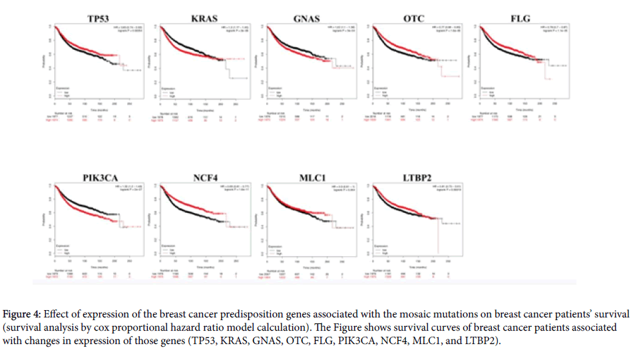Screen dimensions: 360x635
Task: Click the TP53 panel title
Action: [x=97, y=18]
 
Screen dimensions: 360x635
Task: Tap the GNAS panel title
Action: [x=308, y=18]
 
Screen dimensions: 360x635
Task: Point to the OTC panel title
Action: [x=413, y=18]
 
